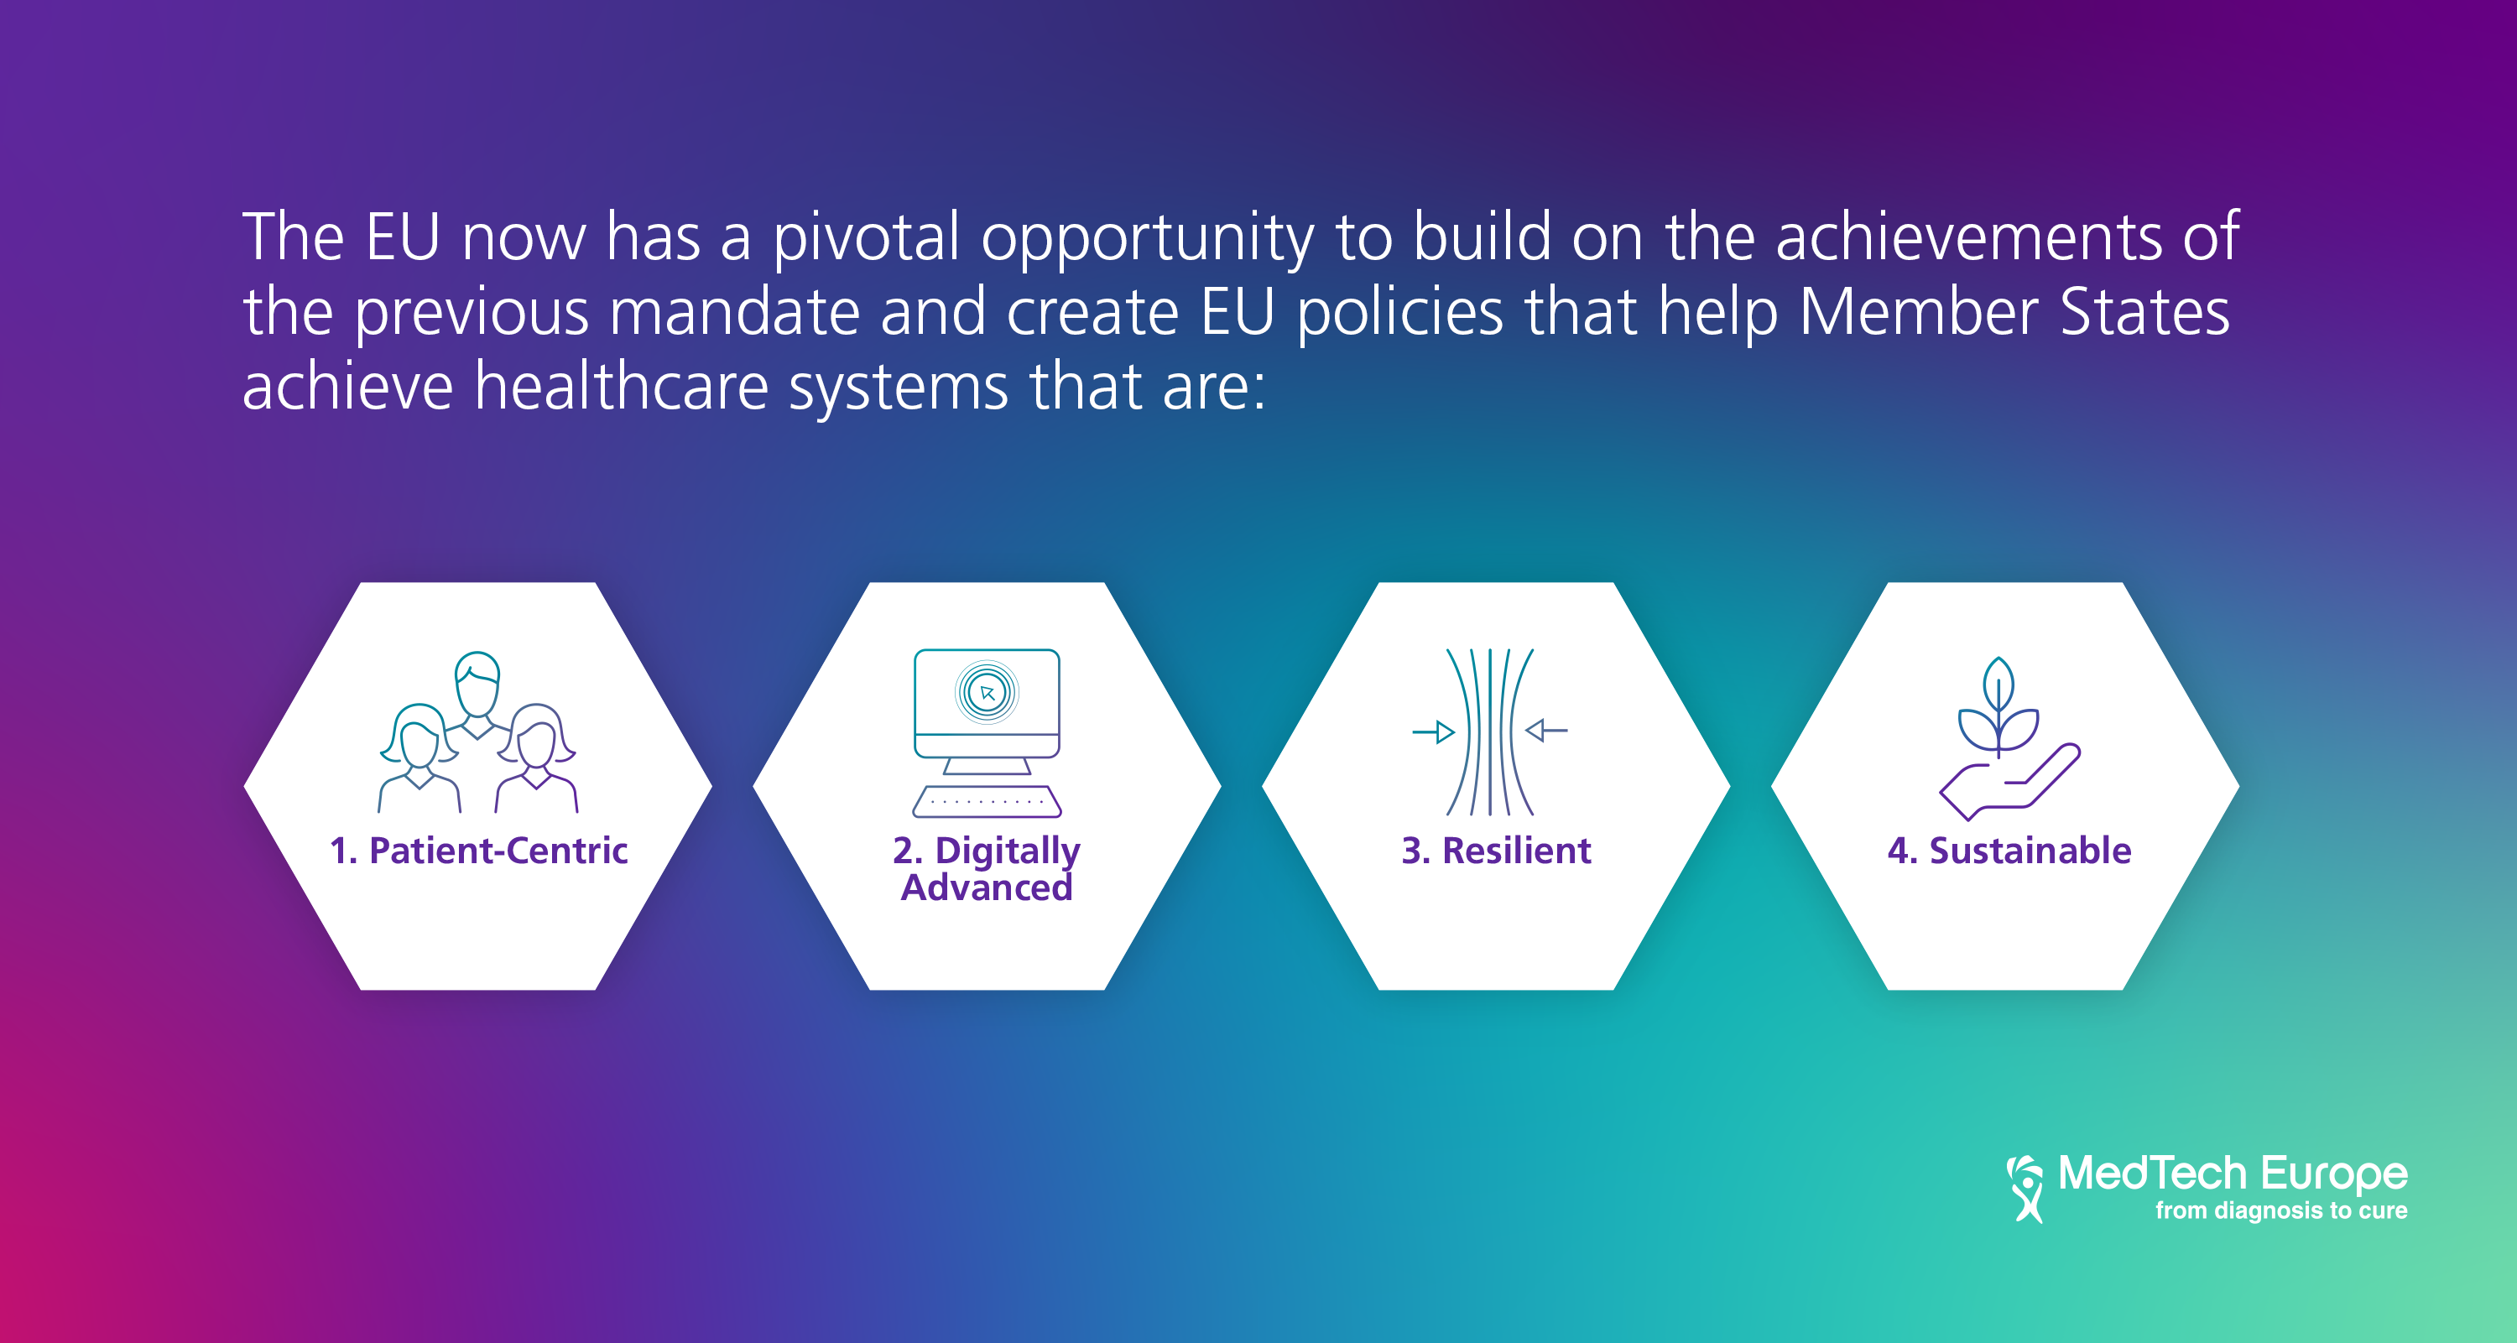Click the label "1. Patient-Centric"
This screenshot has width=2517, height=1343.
coord(479,851)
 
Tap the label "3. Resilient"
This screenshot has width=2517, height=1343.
coord(1496,851)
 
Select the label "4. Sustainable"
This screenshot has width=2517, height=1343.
coord(2009,851)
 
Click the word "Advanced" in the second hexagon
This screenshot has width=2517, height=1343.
coord(987,888)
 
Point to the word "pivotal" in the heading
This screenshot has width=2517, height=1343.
coord(868,238)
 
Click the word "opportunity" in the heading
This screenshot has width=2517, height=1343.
coord(1148,238)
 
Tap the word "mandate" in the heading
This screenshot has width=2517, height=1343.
coord(734,313)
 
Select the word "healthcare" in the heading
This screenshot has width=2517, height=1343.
coord(622,387)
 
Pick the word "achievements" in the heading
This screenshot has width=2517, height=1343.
coord(1969,237)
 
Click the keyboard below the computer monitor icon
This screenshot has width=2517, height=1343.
coord(987,802)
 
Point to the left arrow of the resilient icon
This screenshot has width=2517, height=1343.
coord(1433,731)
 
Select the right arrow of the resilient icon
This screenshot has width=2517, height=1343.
coord(1547,731)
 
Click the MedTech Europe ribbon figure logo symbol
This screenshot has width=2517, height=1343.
coord(2026,1189)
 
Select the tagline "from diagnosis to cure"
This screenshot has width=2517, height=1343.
coord(2281,1211)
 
